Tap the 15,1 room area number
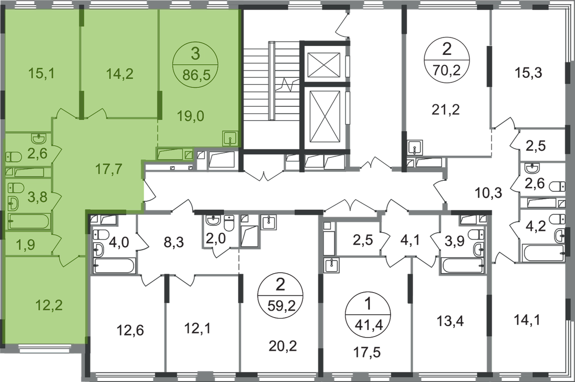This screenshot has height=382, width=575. pyautogui.click(x=41, y=74)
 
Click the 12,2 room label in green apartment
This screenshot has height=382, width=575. pyautogui.click(x=50, y=305)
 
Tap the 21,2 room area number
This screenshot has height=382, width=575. pyautogui.click(x=445, y=109)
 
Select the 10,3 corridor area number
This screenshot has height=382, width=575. pyautogui.click(x=489, y=192)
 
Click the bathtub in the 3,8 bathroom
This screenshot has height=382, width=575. pyautogui.click(x=29, y=221)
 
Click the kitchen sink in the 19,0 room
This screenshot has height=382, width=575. pyautogui.click(x=230, y=138)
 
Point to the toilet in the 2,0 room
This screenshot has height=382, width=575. pyautogui.click(x=229, y=223)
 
